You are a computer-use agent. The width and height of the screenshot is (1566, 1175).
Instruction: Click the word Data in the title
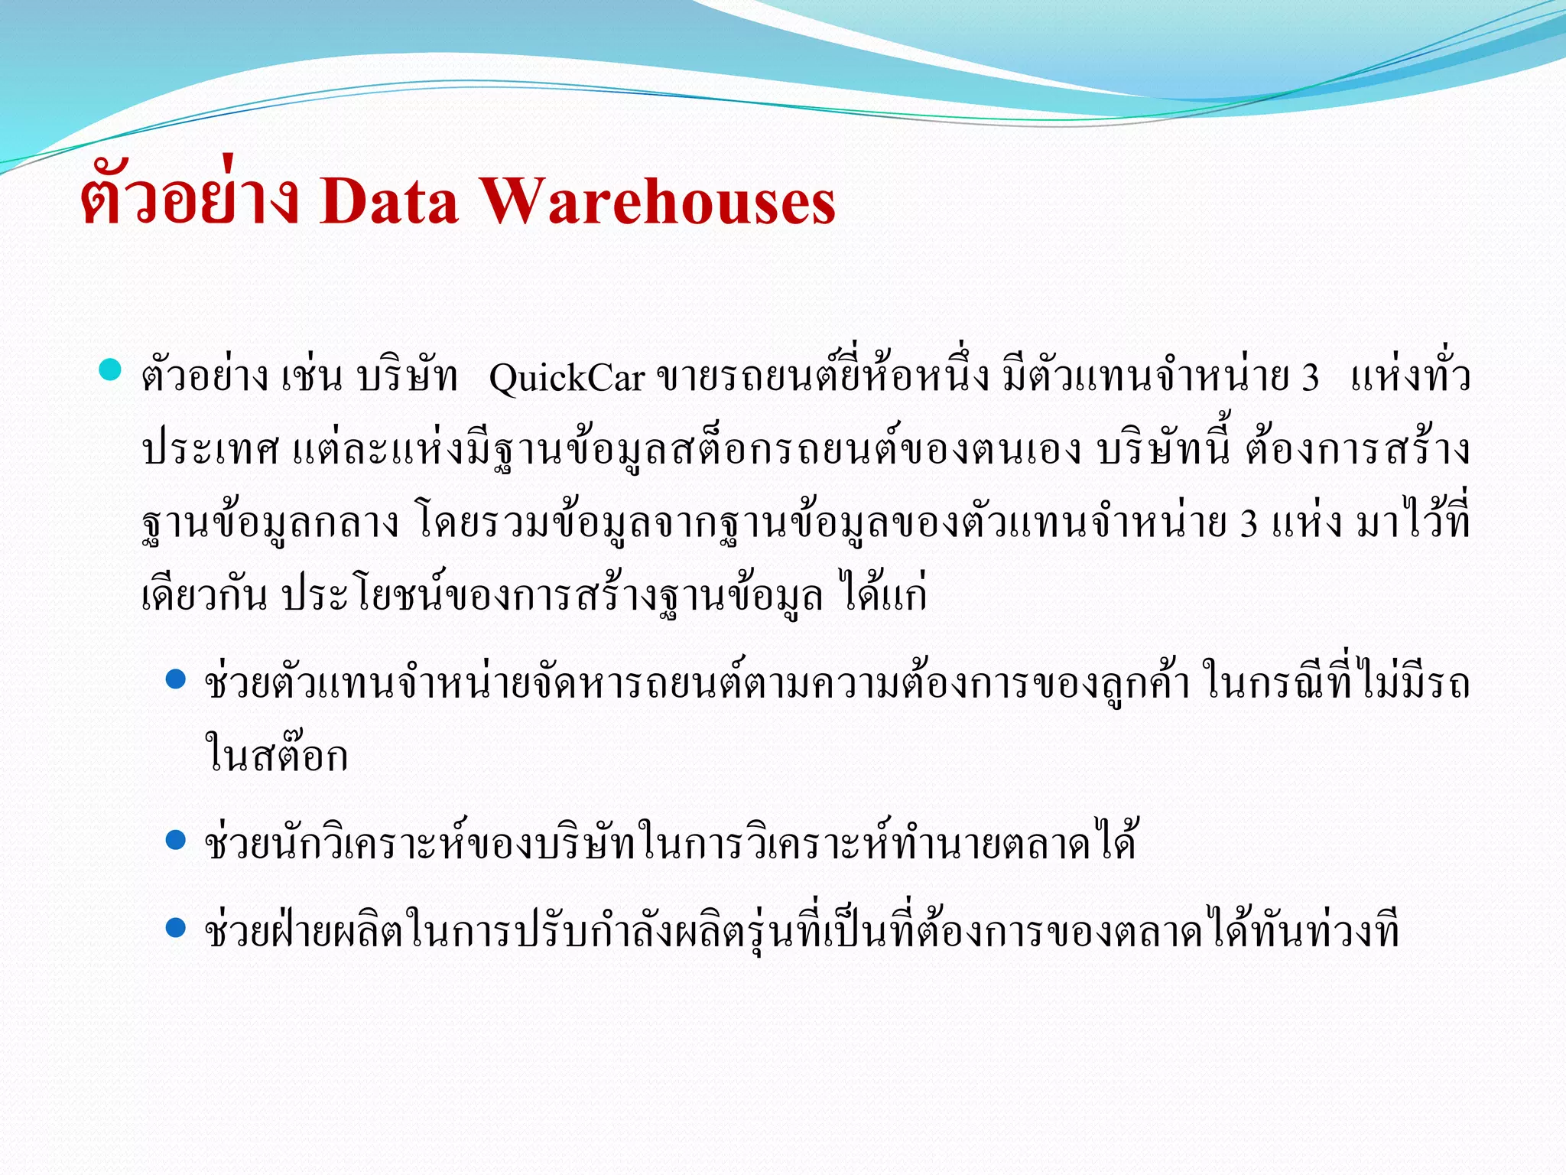pos(389,201)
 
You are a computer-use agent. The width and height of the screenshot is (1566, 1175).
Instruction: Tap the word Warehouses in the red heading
pos(659,201)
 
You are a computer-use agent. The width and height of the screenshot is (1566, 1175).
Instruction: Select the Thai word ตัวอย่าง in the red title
pos(190,201)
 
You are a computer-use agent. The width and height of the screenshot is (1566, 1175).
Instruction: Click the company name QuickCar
pos(567,378)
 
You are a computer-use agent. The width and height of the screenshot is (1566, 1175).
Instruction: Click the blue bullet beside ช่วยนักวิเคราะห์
pos(176,840)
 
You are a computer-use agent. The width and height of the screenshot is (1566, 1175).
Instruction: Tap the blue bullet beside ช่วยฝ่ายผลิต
pos(176,928)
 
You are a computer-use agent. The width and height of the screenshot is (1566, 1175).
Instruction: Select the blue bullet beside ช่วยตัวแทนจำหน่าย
pos(176,679)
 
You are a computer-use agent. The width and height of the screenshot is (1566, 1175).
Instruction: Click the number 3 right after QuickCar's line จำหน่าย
pos(1310,378)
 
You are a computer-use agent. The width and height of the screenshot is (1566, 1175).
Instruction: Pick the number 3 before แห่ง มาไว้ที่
pos(1249,524)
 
